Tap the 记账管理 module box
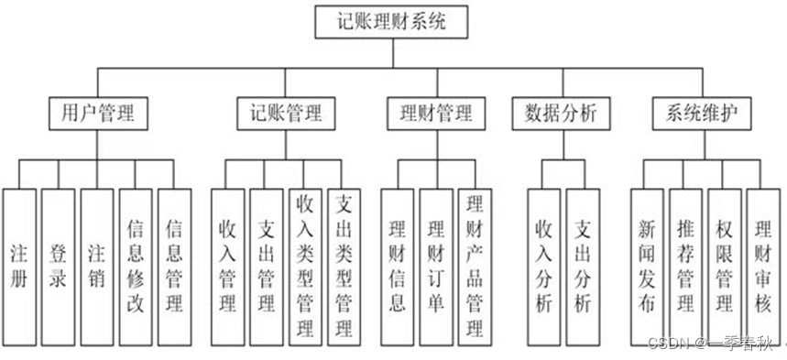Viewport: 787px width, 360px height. click(286, 114)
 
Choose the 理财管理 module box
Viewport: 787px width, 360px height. click(436, 114)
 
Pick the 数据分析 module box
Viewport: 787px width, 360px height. click(560, 114)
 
